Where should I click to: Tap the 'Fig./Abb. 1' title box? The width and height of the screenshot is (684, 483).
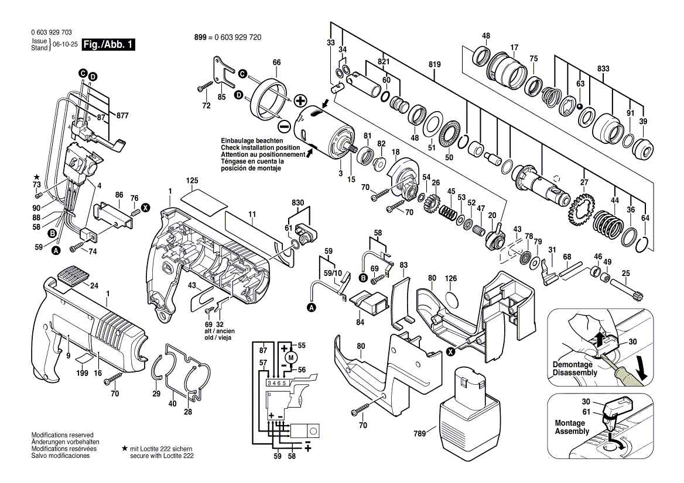[x=108, y=44]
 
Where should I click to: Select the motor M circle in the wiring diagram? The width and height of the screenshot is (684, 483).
[x=292, y=357]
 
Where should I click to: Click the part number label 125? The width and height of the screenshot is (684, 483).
[x=192, y=180]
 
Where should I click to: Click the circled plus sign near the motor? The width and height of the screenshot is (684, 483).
[x=300, y=101]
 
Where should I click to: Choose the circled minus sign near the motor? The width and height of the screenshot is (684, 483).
[x=283, y=127]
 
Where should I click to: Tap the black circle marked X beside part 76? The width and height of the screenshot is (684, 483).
[x=145, y=208]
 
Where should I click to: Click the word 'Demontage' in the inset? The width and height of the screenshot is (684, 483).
[x=572, y=364]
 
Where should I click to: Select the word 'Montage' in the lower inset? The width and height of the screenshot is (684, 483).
[x=569, y=423]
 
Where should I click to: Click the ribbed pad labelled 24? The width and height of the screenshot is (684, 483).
[x=73, y=275]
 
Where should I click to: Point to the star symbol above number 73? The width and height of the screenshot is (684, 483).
[x=37, y=177]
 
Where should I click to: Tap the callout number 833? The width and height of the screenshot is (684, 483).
[x=603, y=69]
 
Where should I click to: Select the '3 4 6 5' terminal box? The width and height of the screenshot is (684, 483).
[x=278, y=383]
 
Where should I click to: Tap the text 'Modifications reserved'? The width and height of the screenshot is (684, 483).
[x=63, y=435]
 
